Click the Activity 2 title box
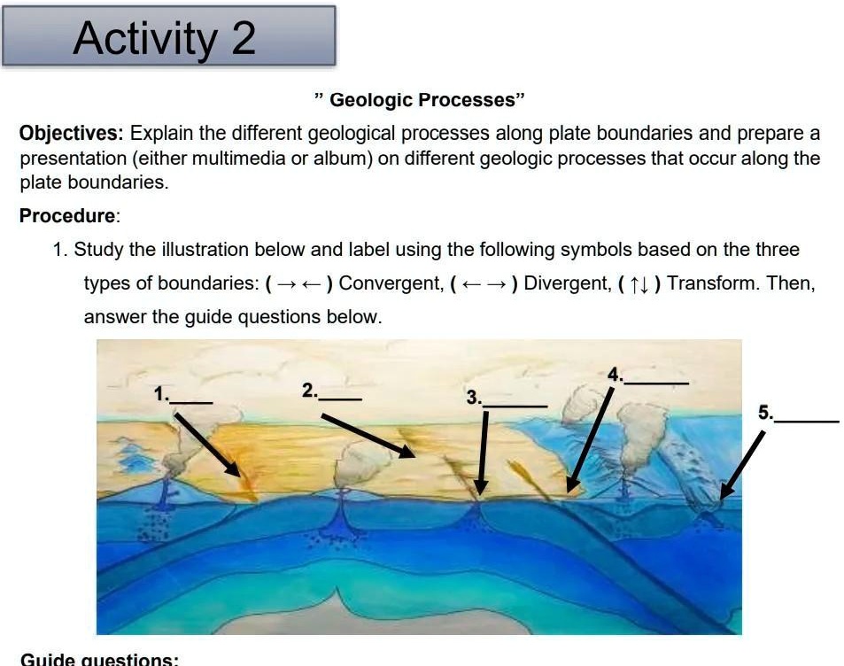[x=168, y=37]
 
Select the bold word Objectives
[x=72, y=134]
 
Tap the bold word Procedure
[x=68, y=215]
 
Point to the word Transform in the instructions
[x=714, y=283]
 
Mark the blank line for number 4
[x=656, y=382]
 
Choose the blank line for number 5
[x=807, y=420]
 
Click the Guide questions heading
[x=99, y=660]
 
